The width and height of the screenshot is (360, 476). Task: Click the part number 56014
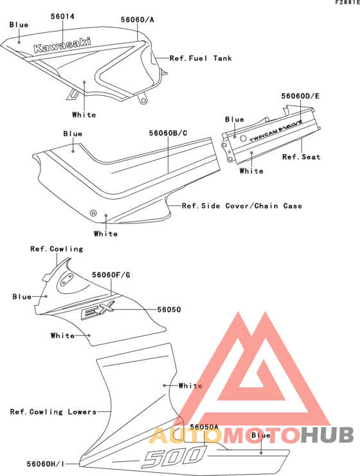coord(62,17)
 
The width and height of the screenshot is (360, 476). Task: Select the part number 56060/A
coord(138,20)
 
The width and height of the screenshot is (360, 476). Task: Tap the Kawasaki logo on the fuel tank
coord(62,45)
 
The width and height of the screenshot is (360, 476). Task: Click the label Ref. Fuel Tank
coord(201,58)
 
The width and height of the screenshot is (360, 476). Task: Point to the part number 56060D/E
coord(300,96)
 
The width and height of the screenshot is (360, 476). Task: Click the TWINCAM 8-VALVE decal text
coord(276,130)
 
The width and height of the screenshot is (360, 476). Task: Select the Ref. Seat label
coord(301,157)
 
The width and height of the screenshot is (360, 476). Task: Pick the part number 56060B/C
coord(168,133)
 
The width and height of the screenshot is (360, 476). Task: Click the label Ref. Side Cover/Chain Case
coord(242,206)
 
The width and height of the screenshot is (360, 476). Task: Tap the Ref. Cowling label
coord(57,249)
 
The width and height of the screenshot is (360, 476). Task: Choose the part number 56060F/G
coord(111,275)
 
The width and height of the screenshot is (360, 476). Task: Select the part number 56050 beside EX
coord(169,310)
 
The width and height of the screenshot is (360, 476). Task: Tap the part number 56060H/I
coord(46,464)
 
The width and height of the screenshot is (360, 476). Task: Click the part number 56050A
coord(204,427)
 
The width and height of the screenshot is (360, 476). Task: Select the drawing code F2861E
coord(347,3)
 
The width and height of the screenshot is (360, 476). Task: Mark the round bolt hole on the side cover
coord(94,213)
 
